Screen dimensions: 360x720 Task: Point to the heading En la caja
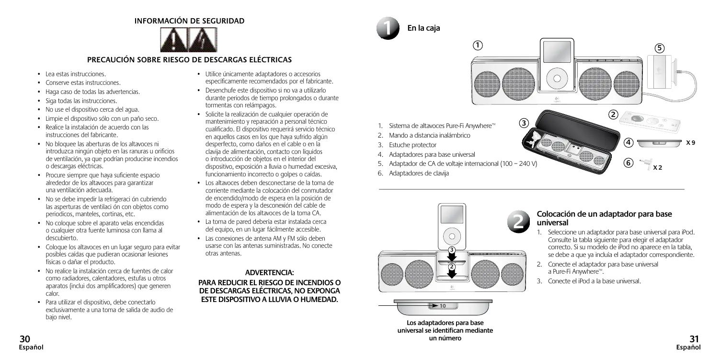click(423, 28)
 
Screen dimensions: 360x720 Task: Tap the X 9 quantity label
click(691, 143)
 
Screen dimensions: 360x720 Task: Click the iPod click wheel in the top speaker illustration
click(556, 79)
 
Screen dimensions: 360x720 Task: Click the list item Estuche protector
click(412, 145)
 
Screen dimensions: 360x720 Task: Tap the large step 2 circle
click(521, 219)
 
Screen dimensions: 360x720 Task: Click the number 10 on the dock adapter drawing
click(443, 305)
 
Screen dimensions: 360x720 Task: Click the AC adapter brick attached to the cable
click(660, 71)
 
